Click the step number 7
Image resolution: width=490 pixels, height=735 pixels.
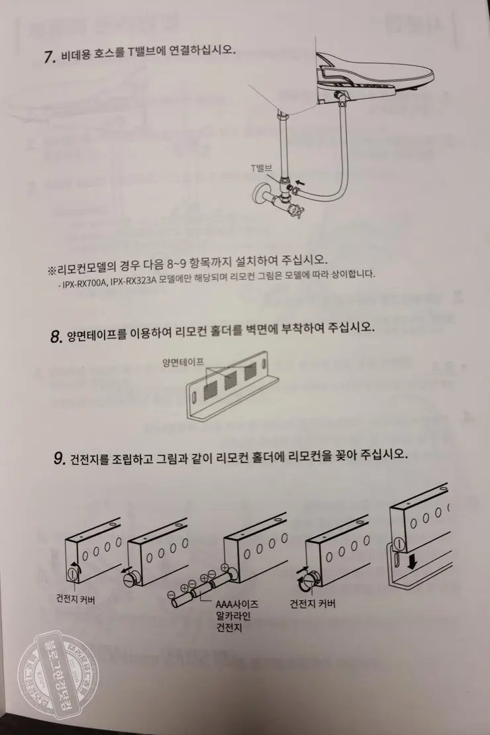pos(48,56)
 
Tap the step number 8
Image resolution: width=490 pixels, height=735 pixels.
pos(56,336)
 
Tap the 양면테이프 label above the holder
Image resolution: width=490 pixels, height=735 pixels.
pos(183,362)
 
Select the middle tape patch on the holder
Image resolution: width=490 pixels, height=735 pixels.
pos(229,382)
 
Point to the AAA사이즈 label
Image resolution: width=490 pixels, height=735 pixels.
pos(237,605)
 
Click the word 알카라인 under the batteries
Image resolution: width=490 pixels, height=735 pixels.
pos(231,616)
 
